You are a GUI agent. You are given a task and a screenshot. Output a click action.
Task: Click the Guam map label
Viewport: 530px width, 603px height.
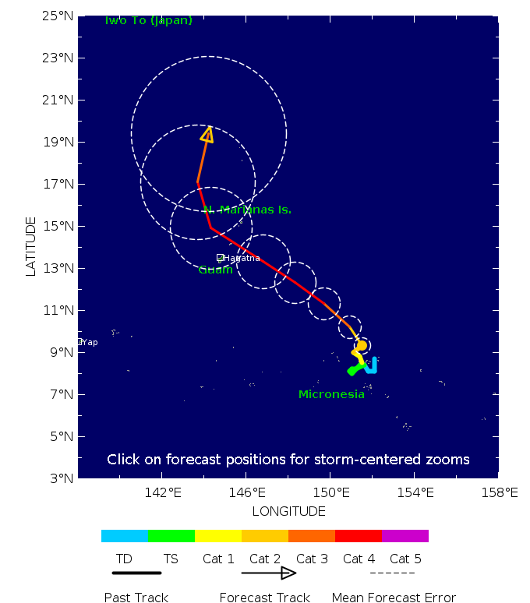pos(215,270)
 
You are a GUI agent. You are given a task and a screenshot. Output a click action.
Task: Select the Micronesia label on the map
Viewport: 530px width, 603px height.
pos(331,394)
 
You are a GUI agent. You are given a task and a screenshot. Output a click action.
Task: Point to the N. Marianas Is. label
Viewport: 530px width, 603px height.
pos(247,210)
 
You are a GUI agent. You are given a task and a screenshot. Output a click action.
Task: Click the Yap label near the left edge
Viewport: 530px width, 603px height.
pos(90,342)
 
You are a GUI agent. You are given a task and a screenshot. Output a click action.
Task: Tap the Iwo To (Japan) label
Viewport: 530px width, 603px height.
pos(148,20)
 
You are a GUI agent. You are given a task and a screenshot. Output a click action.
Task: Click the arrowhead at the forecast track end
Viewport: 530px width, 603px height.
pos(207,135)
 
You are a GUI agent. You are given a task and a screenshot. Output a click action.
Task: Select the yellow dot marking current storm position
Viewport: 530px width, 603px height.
pos(361,345)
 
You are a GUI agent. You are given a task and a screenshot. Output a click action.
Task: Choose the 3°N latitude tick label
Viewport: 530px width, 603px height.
pos(60,478)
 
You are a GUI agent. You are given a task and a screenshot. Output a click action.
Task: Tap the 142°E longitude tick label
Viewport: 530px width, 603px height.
pos(162,492)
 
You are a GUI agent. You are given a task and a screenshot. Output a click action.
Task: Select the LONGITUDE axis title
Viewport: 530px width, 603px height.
pos(288,511)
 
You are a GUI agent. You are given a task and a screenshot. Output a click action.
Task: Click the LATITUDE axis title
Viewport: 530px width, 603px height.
pos(31,246)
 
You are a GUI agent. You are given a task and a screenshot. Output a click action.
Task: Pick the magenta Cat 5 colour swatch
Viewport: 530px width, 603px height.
pos(405,536)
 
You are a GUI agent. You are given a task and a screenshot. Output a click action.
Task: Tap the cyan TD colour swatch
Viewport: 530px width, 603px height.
pos(124,536)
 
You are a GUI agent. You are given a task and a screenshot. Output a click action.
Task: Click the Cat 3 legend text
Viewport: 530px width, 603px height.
pos(312,559)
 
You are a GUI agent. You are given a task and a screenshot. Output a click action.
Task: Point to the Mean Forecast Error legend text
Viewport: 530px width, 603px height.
pos(394,598)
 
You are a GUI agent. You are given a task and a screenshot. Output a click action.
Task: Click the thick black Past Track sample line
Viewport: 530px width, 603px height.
pos(136,573)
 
